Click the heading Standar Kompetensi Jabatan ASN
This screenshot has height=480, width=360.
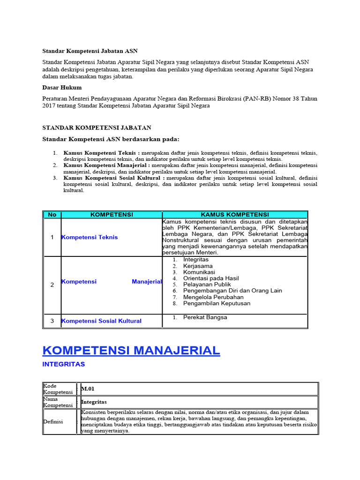(90, 51)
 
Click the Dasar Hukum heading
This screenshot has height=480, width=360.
(61, 87)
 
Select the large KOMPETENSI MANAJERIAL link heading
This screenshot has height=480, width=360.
(131, 350)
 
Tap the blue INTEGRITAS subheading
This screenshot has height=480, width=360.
(64, 364)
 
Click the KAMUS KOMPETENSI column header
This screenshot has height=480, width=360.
(235, 215)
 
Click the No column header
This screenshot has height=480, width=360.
(52, 215)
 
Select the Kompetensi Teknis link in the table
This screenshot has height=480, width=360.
(90, 237)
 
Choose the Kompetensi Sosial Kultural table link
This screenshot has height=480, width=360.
(102, 321)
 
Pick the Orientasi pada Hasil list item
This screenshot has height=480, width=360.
(211, 278)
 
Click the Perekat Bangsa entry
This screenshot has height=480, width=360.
(205, 317)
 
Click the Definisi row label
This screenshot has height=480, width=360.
(53, 421)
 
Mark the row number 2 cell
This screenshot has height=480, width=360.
(52, 285)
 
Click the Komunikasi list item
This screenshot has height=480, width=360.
(199, 272)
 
